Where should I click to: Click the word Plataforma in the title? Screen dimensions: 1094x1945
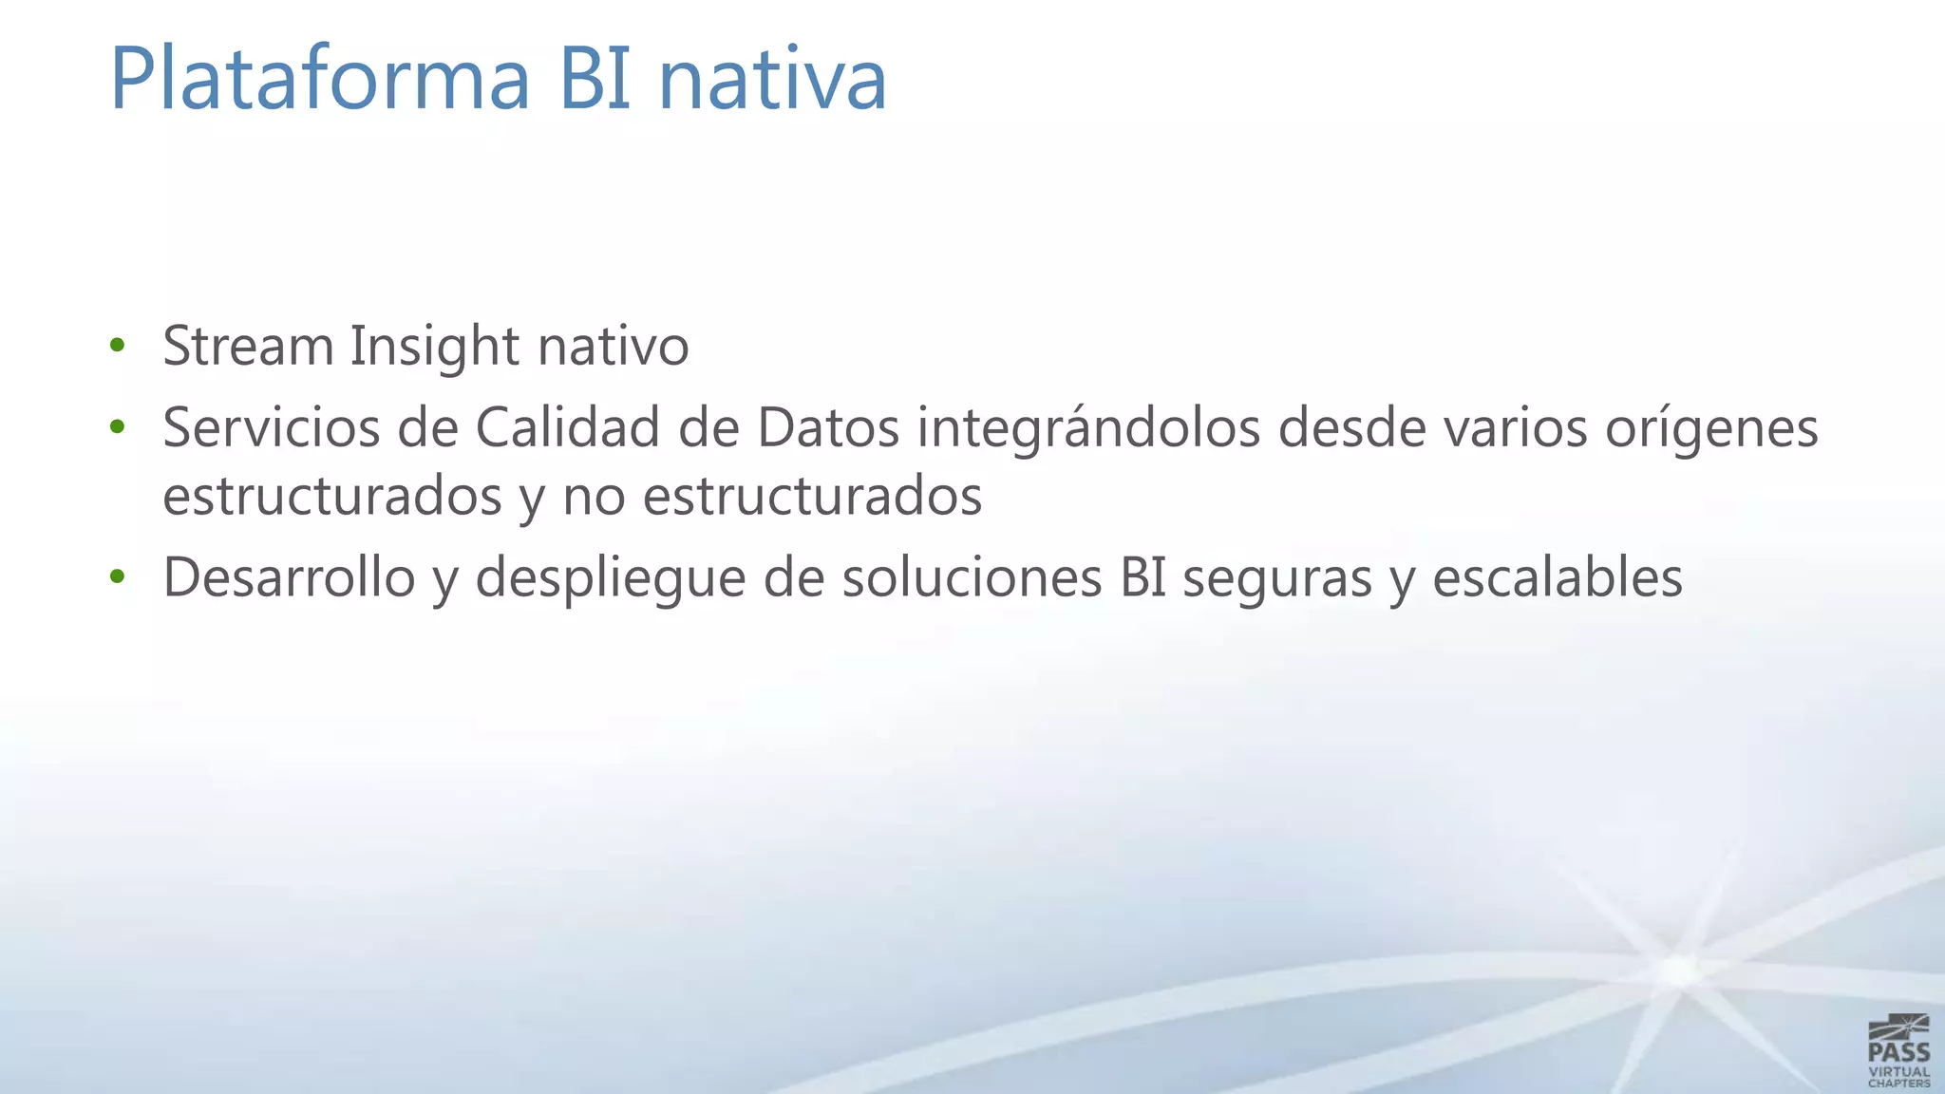[x=319, y=79]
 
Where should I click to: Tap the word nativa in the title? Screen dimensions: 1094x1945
[x=772, y=79]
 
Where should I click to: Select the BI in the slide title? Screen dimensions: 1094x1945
[x=595, y=79]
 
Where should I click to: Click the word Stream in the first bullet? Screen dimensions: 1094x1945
[x=248, y=346]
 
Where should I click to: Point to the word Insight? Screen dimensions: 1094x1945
[x=435, y=346]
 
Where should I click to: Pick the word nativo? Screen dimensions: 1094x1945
[x=613, y=346]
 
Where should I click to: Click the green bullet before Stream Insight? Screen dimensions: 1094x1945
[x=117, y=345]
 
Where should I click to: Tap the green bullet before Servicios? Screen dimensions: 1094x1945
[x=117, y=427]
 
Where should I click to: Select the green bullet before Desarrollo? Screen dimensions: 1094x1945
[x=117, y=576]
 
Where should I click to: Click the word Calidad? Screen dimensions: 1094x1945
[x=567, y=427]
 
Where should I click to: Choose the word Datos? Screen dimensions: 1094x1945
[x=827, y=427]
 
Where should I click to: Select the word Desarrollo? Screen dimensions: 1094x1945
[x=289, y=576]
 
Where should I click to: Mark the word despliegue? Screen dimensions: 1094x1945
[x=610, y=578]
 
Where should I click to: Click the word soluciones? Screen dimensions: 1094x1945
[x=972, y=576]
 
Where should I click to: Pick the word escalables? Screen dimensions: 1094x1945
[x=1557, y=576]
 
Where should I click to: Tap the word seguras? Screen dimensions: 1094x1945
[x=1276, y=578]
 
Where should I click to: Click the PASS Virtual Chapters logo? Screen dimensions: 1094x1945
[x=1898, y=1050]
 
